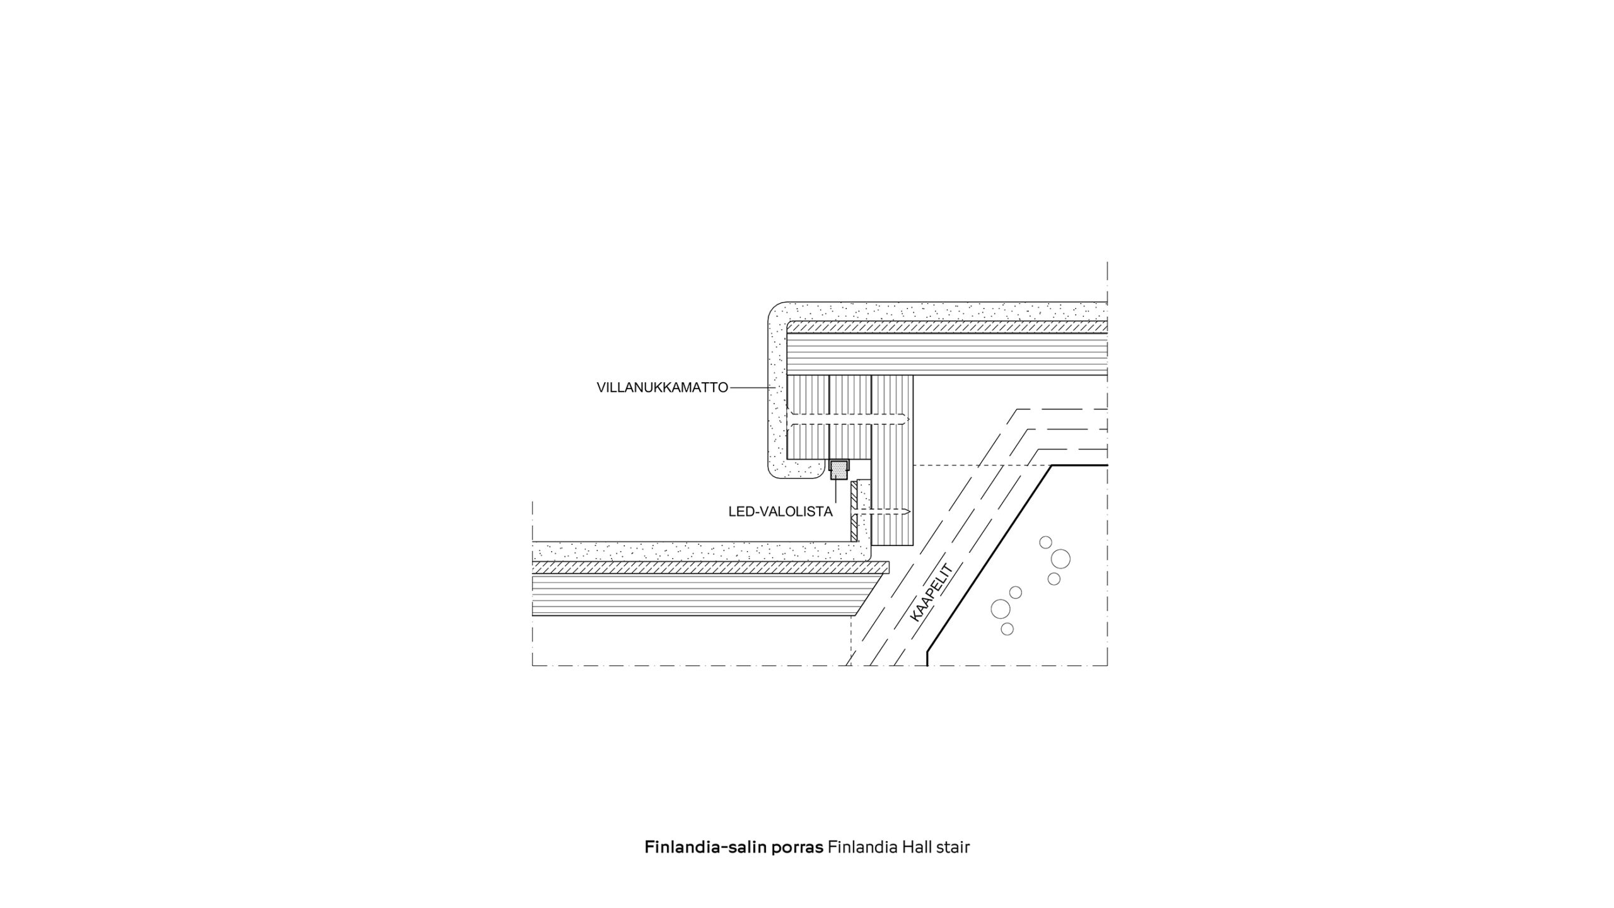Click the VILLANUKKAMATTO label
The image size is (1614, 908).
(662, 388)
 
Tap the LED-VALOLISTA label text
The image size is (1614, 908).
(781, 511)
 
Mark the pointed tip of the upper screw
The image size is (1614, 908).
(909, 419)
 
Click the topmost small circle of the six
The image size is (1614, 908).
(1045, 542)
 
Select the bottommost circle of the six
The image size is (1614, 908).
(1007, 629)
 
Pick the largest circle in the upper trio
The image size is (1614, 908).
(1060, 559)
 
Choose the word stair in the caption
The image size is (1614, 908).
(951, 846)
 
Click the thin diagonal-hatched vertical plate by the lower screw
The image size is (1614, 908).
(853, 511)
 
